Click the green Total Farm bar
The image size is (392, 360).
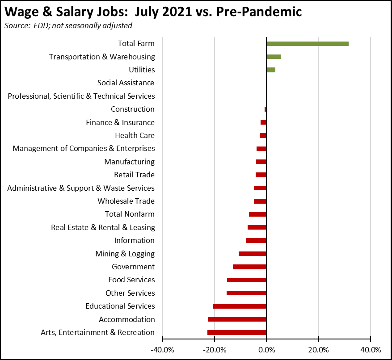307,44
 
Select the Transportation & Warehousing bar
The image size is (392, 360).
274,57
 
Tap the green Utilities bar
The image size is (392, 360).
271,70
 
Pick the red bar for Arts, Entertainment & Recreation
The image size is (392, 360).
237,332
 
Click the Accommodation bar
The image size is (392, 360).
237,319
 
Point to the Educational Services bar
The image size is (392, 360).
240,306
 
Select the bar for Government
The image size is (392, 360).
249,267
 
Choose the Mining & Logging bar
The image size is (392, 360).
253,254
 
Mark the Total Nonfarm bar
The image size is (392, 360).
257,214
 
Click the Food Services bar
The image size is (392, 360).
247,280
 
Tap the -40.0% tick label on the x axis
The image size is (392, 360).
162,349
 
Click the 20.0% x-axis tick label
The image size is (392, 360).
319,349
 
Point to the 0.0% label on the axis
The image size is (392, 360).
266,349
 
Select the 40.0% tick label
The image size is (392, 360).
371,349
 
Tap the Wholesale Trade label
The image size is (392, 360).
126,201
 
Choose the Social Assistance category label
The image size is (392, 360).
126,83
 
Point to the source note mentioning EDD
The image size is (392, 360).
68,25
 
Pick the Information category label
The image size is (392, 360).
134,240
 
